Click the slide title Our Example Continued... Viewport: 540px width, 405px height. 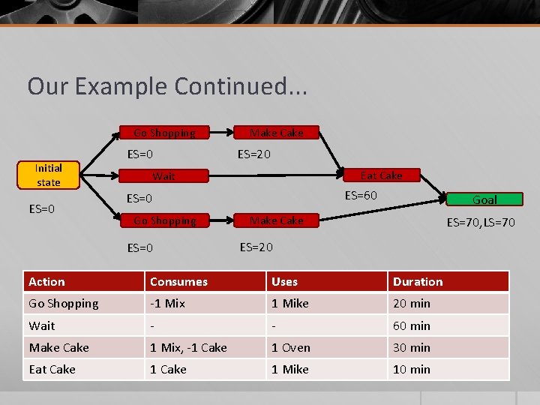167,86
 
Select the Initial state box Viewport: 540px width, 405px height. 48,175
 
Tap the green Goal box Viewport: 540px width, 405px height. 484,199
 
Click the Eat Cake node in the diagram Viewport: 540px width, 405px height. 381,175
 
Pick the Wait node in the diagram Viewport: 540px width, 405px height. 163,176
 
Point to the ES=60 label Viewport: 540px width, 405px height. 361,196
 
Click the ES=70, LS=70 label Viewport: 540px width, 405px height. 481,222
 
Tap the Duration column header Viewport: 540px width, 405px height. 418,281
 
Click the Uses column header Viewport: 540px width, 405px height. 284,281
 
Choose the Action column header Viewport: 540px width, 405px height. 46,281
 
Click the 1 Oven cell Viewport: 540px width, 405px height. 290,347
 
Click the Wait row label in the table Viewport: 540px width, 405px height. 42,325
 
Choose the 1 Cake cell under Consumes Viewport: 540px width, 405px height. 168,369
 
